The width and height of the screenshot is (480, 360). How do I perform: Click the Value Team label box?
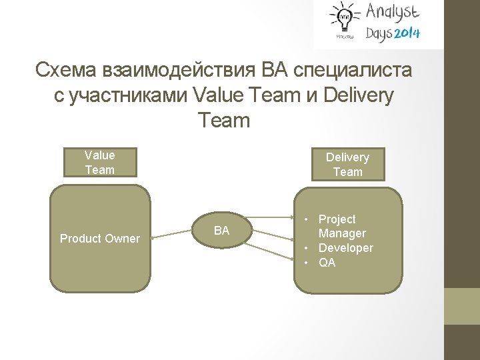pos(100,162)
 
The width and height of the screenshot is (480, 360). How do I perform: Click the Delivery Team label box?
pos(347,165)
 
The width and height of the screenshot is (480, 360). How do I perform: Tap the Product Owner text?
pos(100,239)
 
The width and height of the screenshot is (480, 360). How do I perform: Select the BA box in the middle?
pos(221,231)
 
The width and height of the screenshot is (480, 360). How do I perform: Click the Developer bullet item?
pos(345,248)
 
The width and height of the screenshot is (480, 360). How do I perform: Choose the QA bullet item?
pos(327,263)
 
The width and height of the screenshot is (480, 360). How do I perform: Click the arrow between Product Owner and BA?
pos(174,233)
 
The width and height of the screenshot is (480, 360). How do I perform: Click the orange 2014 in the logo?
pos(407,33)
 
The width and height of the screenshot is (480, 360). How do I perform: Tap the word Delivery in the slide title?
pos(358,95)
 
